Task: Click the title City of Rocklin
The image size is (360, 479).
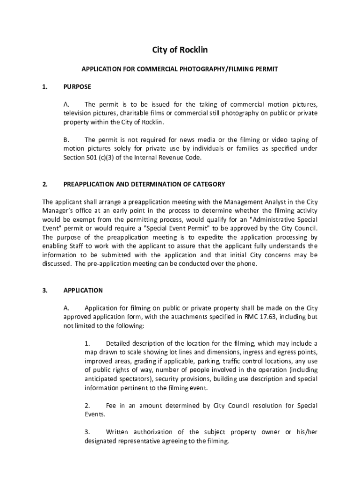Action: tap(180, 50)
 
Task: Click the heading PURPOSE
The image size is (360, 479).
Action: tap(77, 87)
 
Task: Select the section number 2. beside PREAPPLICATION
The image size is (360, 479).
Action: tap(45, 184)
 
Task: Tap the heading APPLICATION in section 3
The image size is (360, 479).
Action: tap(83, 290)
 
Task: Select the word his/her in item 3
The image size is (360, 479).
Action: tap(307, 432)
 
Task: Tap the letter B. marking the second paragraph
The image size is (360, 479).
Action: tap(66, 139)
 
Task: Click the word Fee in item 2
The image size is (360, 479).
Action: tap(111, 406)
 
